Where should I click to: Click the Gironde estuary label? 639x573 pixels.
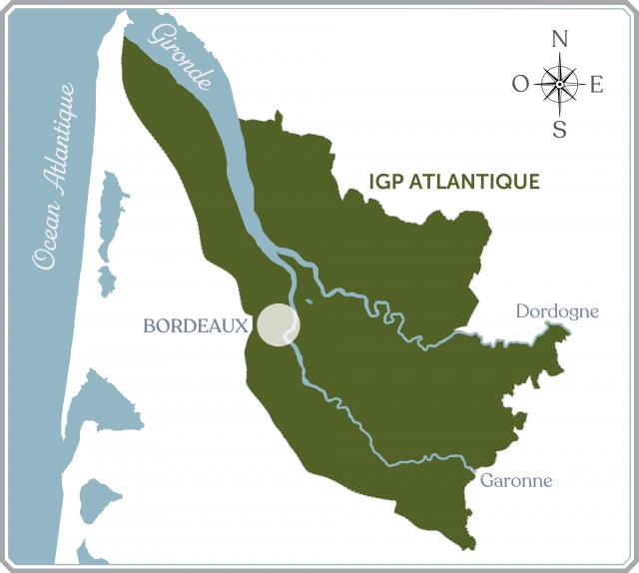coord(180,57)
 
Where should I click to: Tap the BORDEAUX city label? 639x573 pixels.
coord(196,326)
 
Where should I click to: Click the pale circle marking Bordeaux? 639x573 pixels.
coord(279,325)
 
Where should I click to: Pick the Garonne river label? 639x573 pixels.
coord(516,480)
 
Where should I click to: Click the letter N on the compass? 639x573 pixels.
coord(559,41)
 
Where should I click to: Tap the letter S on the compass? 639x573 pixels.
coord(559,129)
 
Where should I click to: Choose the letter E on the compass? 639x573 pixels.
coord(597,85)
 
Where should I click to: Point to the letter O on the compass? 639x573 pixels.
coord(520,85)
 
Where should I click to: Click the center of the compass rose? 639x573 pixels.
coord(559,84)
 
